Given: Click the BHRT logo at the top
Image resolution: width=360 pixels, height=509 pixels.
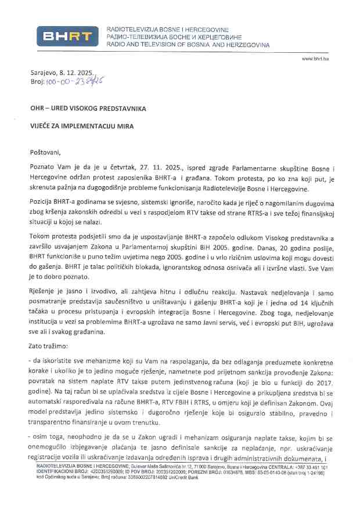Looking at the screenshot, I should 66,36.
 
